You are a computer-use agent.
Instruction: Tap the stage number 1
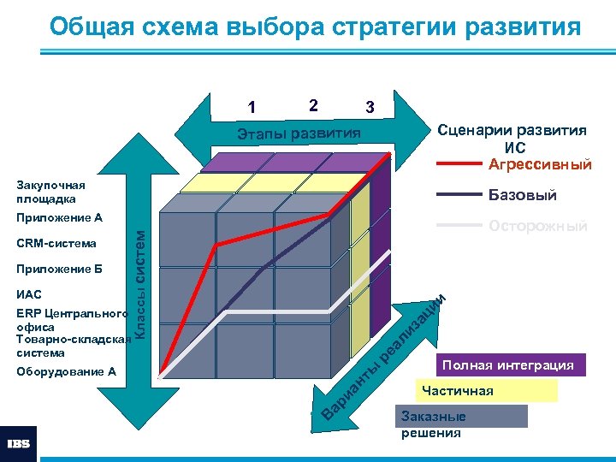[x=251, y=108]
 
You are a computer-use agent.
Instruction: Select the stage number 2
[x=314, y=105]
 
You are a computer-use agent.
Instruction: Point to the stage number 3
[x=369, y=108]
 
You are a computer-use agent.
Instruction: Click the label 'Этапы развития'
[x=299, y=133]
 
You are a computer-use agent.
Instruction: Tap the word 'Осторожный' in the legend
[x=538, y=226]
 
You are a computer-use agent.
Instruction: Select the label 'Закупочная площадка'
[x=51, y=192]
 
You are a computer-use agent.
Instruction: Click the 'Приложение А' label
[x=59, y=217]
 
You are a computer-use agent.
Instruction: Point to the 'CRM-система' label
[x=56, y=243]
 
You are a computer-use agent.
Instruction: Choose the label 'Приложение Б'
[x=58, y=269]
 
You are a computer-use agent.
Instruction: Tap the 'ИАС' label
[x=28, y=294]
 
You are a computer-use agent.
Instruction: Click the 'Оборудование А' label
[x=66, y=371]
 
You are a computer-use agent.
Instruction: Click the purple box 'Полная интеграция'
[x=508, y=365]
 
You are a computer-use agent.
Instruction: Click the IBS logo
[x=19, y=443]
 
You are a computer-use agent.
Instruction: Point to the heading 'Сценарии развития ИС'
[x=512, y=138]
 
